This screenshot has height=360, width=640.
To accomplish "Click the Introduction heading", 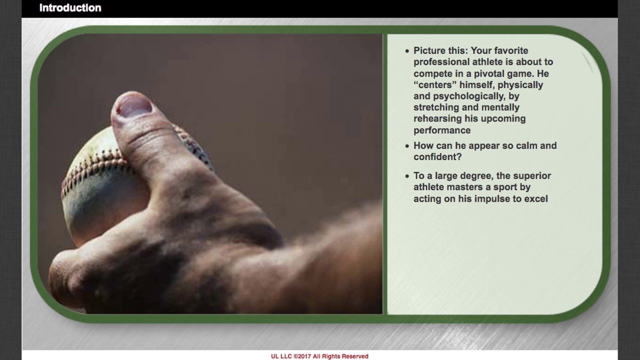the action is [x=70, y=7].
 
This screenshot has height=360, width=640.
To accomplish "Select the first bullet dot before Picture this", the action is [x=407, y=51].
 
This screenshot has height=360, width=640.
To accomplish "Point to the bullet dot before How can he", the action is [x=407, y=146].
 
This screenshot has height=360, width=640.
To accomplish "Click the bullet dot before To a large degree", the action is [x=407, y=176].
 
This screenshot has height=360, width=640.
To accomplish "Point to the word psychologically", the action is [x=469, y=96].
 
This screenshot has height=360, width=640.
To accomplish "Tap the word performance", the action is [x=442, y=130].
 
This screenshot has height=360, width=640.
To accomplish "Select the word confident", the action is [x=437, y=157].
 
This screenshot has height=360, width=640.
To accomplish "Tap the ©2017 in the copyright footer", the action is [x=302, y=356].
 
